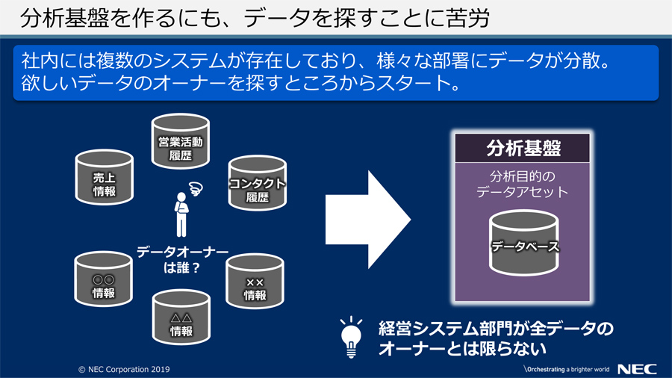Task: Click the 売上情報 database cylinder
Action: click(x=104, y=177)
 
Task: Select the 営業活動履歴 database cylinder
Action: click(x=181, y=141)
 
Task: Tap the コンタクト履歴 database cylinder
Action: click(x=257, y=183)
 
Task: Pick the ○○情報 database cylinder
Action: click(x=103, y=279)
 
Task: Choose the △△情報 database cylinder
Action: click(x=181, y=317)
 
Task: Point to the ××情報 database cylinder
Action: click(x=255, y=281)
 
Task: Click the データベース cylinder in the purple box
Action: click(x=523, y=243)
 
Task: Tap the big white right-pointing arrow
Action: click(x=367, y=220)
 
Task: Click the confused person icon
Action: click(x=181, y=214)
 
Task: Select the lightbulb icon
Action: click(x=352, y=337)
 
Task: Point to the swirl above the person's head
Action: click(x=196, y=188)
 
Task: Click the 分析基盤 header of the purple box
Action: click(x=523, y=148)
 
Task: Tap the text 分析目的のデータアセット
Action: click(x=523, y=184)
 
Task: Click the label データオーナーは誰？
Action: click(x=182, y=260)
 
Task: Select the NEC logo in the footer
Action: click(x=637, y=369)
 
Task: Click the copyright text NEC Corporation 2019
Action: click(x=124, y=369)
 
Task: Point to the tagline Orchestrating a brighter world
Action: click(x=567, y=369)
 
